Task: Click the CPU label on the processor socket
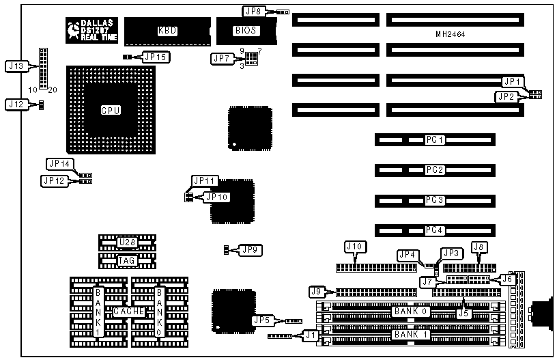111,110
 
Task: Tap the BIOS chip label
246,30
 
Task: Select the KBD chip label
167,30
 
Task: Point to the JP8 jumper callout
253,11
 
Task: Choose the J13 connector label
15,66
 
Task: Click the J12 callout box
15,104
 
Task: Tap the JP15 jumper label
156,57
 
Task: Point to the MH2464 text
451,34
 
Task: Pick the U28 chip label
126,242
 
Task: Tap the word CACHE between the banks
128,311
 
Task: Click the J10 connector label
355,247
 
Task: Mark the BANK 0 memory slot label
410,311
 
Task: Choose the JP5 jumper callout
262,320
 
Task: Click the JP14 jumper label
59,164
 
